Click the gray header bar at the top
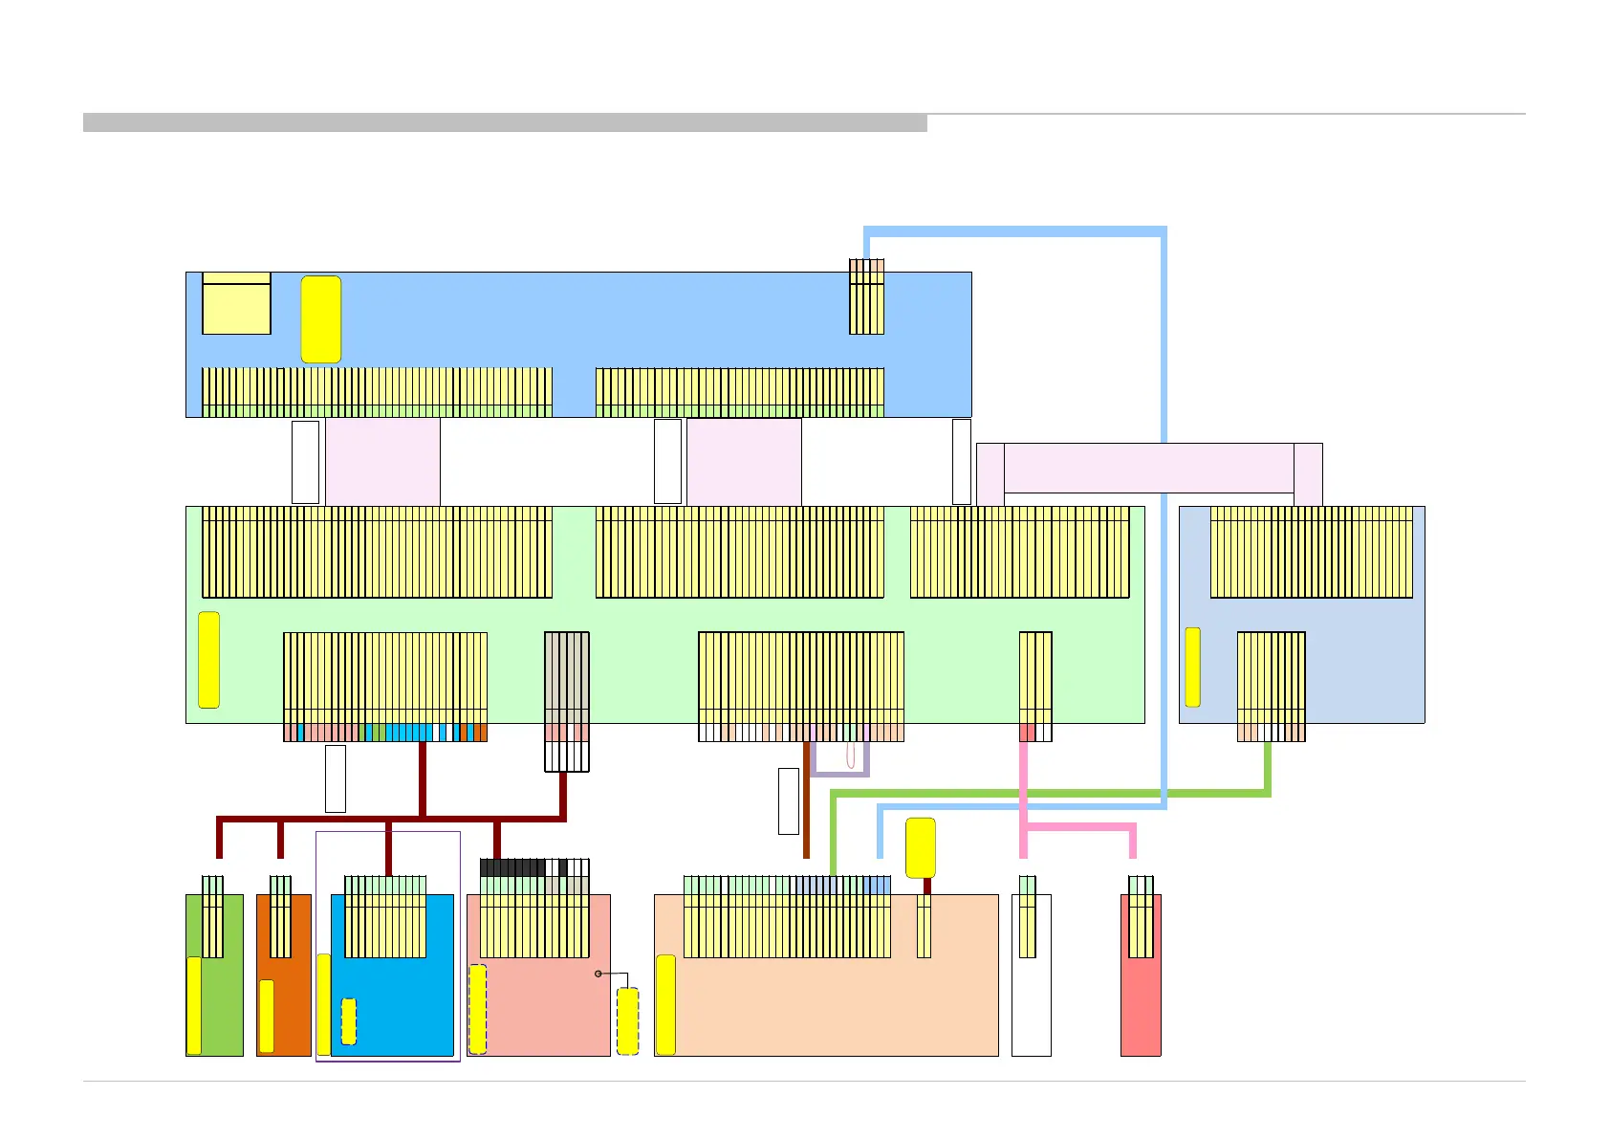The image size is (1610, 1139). coord(505,122)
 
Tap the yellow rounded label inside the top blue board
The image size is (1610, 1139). coord(320,319)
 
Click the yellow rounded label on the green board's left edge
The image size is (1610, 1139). coord(208,660)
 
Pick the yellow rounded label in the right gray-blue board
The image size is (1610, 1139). coord(1192,667)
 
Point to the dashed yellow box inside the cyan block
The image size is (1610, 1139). coord(349,1021)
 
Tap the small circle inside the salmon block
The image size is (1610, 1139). coord(598,974)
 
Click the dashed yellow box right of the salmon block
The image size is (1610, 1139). coord(627,1021)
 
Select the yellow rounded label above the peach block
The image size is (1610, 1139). coord(920,847)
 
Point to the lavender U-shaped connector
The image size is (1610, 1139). coord(839,772)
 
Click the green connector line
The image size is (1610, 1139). coord(1052,793)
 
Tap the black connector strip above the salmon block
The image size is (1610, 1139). coord(512,867)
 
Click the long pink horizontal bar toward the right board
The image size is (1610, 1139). coord(1148,468)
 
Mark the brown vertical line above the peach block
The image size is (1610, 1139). coord(806,813)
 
